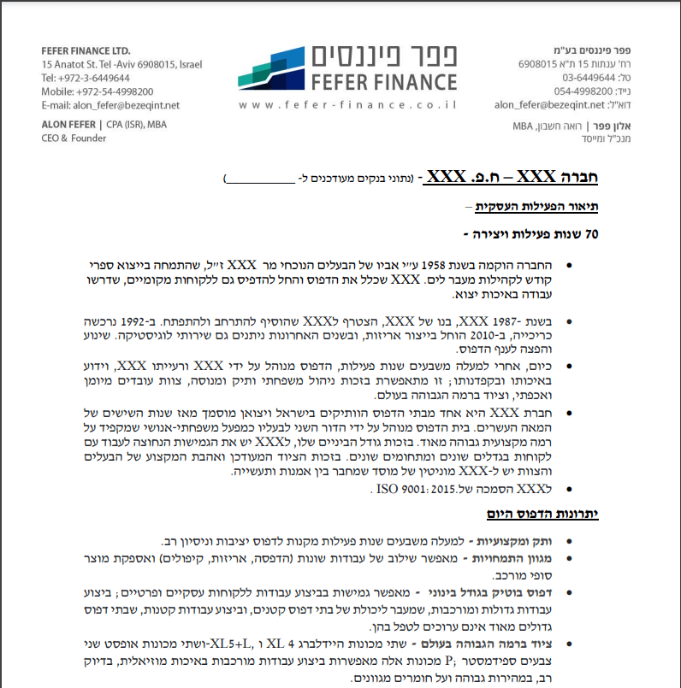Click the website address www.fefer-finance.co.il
(x=348, y=105)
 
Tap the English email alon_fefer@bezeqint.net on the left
(x=110, y=105)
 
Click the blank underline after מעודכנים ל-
(x=259, y=179)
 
